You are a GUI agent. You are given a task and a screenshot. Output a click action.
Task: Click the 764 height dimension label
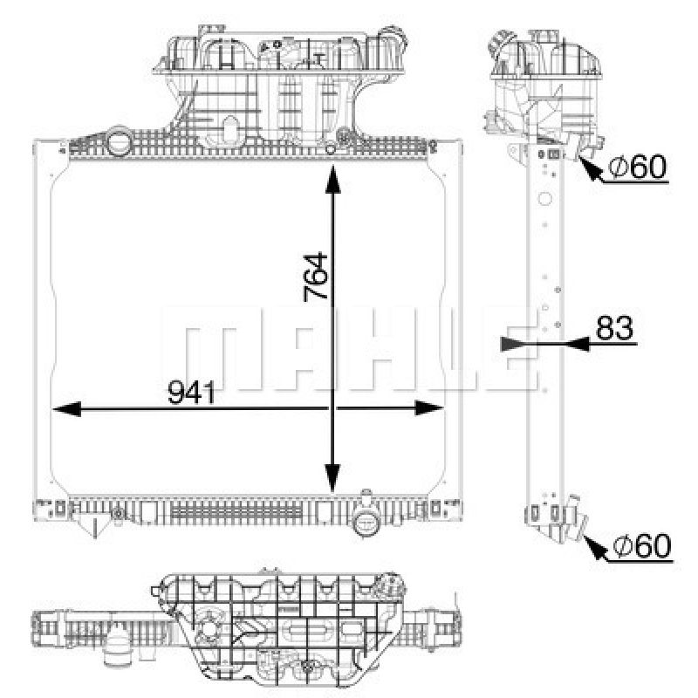coord(316,277)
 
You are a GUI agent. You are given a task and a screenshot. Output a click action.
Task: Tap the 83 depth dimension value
coord(616,328)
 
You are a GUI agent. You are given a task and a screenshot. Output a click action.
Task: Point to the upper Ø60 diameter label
coord(637,167)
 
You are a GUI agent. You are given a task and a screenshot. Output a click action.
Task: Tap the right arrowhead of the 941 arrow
coord(428,408)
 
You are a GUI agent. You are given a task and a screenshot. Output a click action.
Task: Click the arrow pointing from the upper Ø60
coord(592,169)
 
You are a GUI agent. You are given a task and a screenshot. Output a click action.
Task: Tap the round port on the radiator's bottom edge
coord(366,524)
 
